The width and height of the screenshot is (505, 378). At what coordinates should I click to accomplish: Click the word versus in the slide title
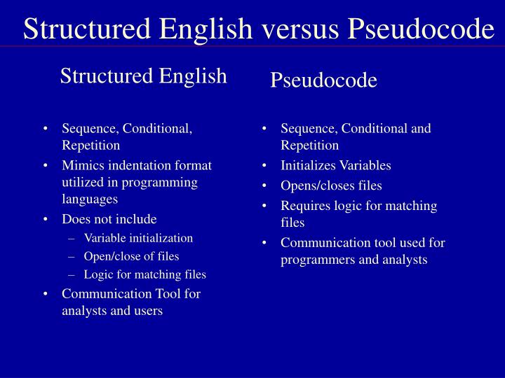(299, 29)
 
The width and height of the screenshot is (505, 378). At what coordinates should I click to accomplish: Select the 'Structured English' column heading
(143, 76)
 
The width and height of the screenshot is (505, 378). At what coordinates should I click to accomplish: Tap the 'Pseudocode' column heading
(324, 80)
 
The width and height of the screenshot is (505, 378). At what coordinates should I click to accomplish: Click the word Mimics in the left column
(80, 165)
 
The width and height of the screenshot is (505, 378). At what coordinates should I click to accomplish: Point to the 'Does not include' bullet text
(109, 219)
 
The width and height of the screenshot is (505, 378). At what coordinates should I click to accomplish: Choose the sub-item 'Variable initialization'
(138, 238)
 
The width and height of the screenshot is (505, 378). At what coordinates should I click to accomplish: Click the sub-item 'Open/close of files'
(131, 256)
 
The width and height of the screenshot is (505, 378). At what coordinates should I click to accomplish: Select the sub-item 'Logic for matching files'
(144, 274)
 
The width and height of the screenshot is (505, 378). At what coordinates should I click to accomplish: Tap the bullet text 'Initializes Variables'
(336, 166)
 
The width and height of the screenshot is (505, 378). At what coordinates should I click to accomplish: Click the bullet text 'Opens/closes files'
(331, 186)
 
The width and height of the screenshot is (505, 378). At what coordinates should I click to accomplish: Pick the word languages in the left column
(90, 199)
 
